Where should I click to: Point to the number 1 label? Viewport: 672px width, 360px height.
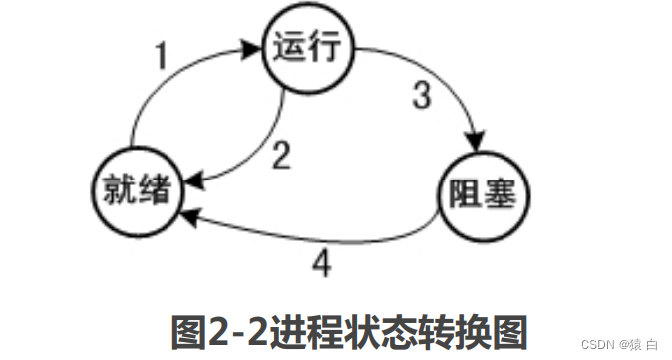tap(163, 58)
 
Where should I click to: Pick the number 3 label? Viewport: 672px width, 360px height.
tap(422, 98)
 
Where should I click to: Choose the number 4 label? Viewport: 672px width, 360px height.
tap(320, 262)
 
